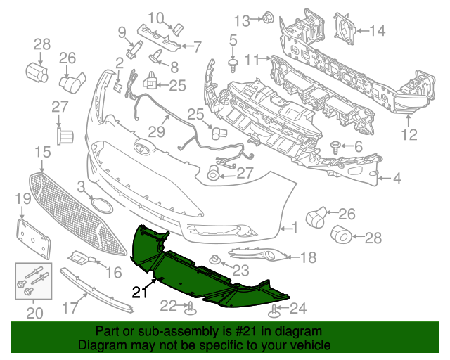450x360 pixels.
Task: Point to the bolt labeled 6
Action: (x=336, y=147)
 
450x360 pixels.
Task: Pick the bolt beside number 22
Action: (x=190, y=306)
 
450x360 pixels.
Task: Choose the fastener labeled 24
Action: (x=274, y=307)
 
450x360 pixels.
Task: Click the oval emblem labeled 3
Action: (x=102, y=206)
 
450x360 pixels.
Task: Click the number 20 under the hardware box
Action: (x=30, y=312)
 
